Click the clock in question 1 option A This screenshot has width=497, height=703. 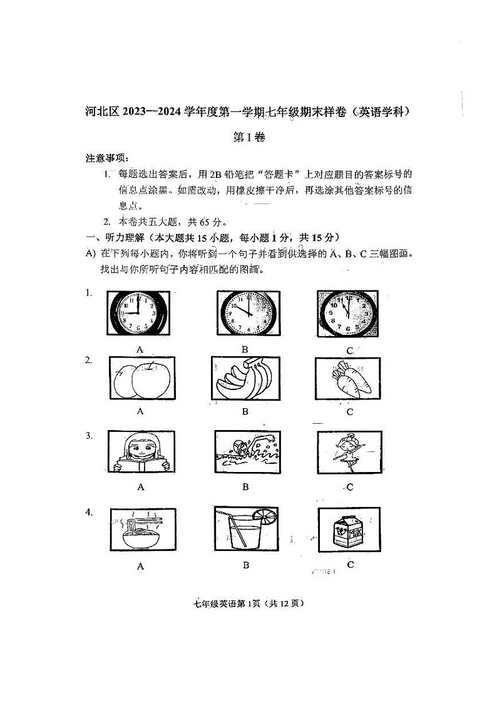pos(139,314)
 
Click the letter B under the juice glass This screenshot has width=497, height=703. pos(246,565)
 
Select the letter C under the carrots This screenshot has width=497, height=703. pos(349,412)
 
